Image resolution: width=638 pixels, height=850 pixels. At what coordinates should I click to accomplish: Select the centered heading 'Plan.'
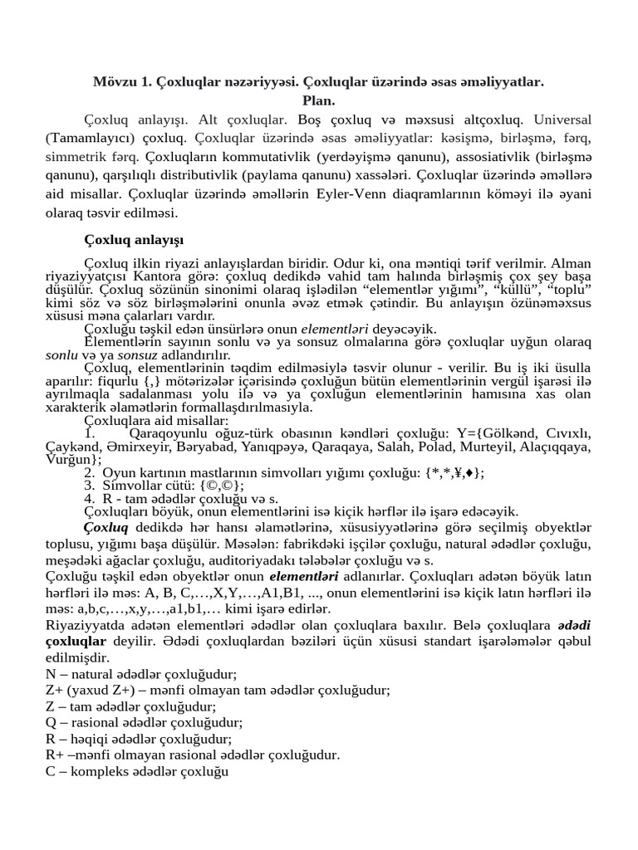318,100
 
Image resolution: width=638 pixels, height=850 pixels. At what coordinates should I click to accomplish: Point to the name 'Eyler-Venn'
391,194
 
